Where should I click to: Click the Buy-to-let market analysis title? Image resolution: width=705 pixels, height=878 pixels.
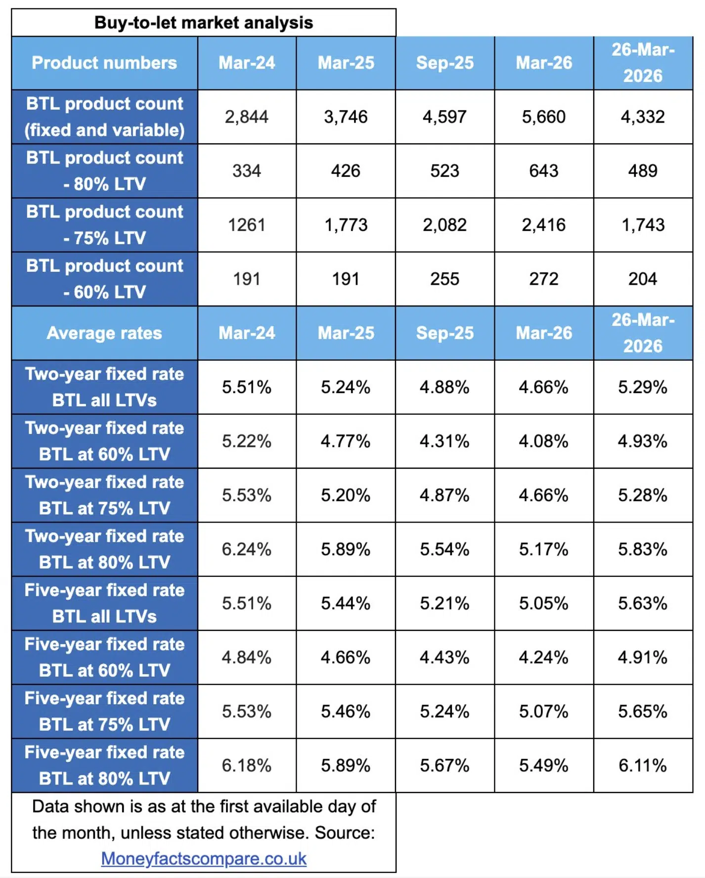pos(203,23)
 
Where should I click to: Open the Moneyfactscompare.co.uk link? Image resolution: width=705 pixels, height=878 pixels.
pos(204,859)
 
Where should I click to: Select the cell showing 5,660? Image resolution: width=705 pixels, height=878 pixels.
pos(543,117)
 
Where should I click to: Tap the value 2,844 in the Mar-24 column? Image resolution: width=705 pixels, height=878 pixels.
pos(246,117)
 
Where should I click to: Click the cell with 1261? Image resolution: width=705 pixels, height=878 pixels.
pos(246,225)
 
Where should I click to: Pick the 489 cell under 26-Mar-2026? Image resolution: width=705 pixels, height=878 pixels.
pos(642,171)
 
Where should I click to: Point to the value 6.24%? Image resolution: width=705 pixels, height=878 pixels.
pos(246,549)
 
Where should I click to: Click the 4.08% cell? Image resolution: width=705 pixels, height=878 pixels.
pos(543,441)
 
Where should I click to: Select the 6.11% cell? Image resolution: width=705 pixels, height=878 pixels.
pos(642,766)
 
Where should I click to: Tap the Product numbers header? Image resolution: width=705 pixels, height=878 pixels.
pos(104,63)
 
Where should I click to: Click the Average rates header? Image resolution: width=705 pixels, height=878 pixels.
pos(104,333)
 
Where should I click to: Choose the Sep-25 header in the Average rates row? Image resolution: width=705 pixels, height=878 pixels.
pos(444,333)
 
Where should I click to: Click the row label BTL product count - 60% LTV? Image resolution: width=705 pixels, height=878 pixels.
pos(104,279)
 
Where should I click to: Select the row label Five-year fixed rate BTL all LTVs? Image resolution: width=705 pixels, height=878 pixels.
pos(104,603)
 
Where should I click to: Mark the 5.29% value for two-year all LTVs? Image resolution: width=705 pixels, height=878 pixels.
pos(642,387)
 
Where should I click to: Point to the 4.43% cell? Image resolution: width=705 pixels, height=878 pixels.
pos(444,658)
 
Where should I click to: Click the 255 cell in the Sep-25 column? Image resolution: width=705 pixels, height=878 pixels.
pos(444,279)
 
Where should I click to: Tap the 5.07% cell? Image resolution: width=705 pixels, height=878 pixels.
pos(543,711)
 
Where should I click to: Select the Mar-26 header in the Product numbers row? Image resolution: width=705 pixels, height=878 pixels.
pos(543,63)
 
